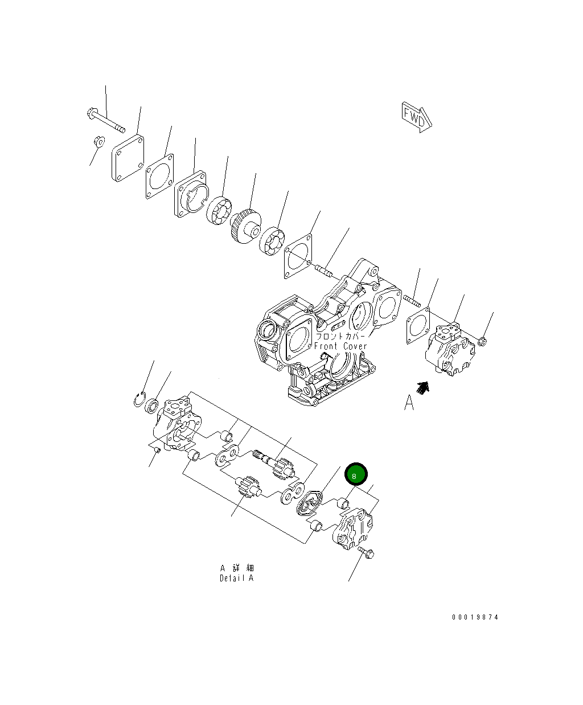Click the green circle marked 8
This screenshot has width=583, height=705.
tap(356, 474)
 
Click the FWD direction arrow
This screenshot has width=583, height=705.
tap(416, 117)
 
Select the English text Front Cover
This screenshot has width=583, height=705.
tap(340, 346)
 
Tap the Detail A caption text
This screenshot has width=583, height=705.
tap(237, 578)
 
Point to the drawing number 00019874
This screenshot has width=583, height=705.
tap(475, 617)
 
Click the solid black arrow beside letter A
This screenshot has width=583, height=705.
tap(422, 388)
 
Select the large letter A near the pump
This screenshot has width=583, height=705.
tap(409, 403)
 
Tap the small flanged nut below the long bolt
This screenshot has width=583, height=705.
tap(97, 140)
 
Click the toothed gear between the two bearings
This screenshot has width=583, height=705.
tap(245, 226)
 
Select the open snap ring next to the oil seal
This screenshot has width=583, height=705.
tap(139, 400)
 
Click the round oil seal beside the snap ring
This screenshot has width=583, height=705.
tap(153, 406)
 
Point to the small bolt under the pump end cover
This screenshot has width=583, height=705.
tap(367, 552)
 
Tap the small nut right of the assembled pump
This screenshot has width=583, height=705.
tap(482, 341)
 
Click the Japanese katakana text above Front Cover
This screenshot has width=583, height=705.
tap(340, 336)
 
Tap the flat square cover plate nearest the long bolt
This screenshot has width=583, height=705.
tap(127, 158)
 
